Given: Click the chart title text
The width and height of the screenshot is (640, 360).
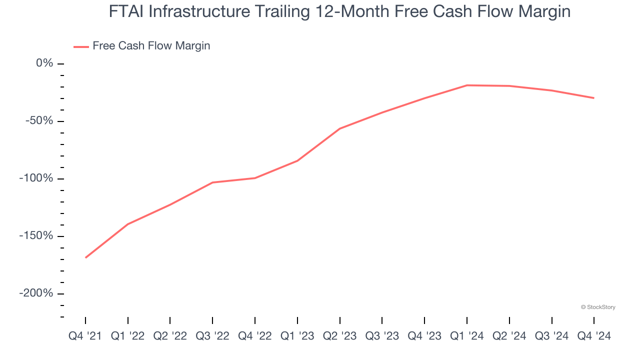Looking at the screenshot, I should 339,11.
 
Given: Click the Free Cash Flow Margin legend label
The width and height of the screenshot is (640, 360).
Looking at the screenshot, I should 151,46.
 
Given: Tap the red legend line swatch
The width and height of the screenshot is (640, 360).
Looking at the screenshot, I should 81,46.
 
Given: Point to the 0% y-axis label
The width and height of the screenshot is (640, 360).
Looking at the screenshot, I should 44,63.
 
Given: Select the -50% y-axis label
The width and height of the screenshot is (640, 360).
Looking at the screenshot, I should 39,121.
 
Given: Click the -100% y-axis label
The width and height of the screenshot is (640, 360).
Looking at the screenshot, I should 36,178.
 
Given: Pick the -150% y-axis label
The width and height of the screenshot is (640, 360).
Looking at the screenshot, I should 36,235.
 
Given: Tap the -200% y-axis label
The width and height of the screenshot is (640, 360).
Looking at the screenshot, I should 36,293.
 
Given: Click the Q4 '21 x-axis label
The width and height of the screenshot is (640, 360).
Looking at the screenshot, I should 85,336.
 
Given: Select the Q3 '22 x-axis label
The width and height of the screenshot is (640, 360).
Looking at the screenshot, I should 212,336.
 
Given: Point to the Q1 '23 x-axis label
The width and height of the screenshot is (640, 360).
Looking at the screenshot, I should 297,336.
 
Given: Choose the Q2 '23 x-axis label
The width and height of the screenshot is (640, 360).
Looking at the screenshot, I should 340,336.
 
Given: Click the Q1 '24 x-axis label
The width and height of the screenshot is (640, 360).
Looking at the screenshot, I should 467,336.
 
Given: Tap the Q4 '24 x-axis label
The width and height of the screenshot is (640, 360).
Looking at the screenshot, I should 594,336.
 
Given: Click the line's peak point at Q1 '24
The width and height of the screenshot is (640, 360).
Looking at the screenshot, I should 467,85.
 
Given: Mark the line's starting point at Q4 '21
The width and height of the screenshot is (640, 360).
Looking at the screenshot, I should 86,257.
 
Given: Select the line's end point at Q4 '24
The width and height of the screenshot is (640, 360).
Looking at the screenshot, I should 594,98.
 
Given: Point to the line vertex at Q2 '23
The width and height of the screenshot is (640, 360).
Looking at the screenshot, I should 340,128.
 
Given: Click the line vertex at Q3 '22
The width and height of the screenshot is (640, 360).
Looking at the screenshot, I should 212,182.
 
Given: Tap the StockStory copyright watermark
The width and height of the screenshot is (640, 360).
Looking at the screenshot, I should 598,307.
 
